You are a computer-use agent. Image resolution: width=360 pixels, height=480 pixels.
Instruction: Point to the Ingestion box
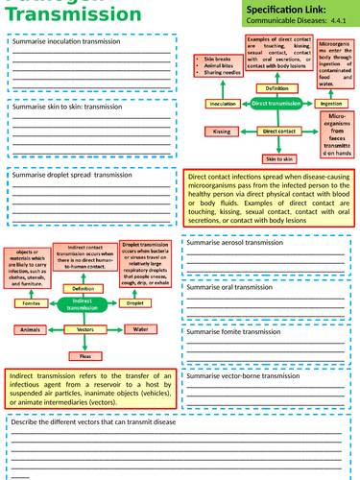coord(329,103)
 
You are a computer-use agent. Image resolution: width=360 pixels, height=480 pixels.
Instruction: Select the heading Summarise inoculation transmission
coord(63,42)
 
